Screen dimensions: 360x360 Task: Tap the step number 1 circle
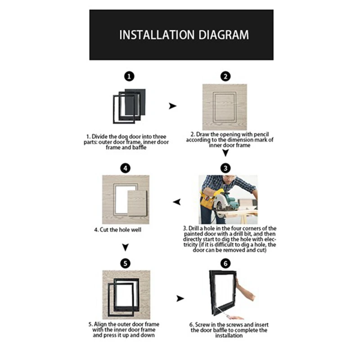[x=129, y=76]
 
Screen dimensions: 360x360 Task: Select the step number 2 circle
[x=225, y=76]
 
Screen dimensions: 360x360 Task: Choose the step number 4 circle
[x=126, y=168]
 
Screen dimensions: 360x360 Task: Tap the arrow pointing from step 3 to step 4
[x=177, y=202]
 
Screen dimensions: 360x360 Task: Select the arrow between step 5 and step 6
[x=180, y=298]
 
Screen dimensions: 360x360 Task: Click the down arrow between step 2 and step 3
[x=225, y=153]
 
